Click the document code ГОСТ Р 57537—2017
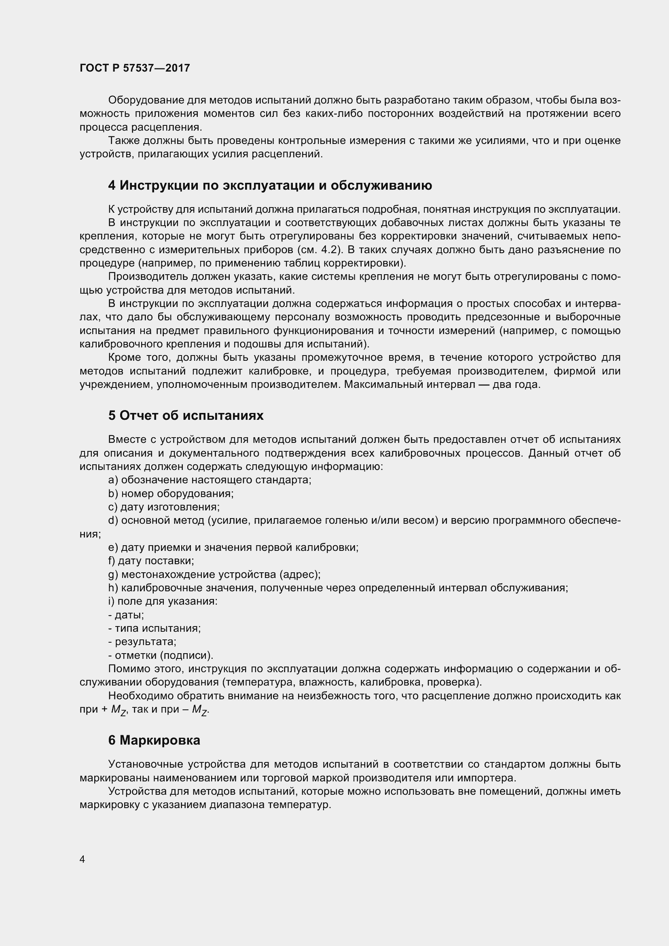[x=135, y=68]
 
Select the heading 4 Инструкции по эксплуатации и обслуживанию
[x=270, y=185]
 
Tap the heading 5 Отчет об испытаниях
[x=186, y=415]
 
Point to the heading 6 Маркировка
[x=155, y=740]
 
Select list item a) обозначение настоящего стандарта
[x=210, y=480]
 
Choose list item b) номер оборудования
[x=171, y=493]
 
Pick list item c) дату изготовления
[x=164, y=507]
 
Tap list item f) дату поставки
[x=151, y=561]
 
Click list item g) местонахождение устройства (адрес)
[x=215, y=574]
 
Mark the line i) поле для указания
[x=163, y=601]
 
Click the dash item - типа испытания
[x=155, y=629]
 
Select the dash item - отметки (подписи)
[x=161, y=655]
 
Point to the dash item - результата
[x=142, y=641]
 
